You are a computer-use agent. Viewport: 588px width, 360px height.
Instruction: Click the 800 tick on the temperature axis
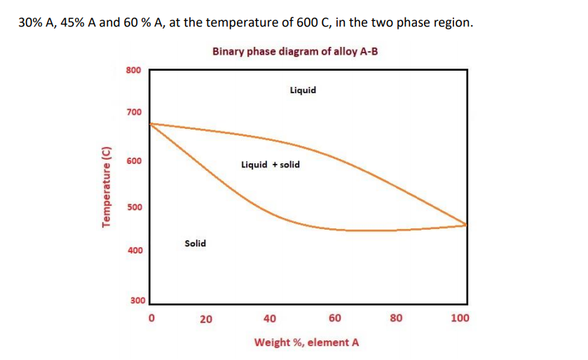(133, 70)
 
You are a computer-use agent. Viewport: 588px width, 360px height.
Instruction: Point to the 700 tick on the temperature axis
(133, 112)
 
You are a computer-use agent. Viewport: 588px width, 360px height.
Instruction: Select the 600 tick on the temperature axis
(133, 160)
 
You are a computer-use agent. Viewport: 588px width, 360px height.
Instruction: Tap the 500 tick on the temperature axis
(133, 207)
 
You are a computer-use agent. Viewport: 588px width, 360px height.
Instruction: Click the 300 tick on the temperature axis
(137, 300)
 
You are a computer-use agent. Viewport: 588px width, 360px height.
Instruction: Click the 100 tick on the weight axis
(460, 318)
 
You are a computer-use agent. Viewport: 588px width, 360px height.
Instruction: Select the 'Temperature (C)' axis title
(107, 187)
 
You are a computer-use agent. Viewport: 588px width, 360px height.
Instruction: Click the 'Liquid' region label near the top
(302, 90)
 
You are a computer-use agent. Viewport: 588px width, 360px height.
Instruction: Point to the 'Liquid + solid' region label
(270, 165)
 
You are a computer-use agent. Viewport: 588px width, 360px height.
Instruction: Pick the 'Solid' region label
(195, 243)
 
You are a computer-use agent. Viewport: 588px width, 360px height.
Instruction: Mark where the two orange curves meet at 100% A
(467, 224)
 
